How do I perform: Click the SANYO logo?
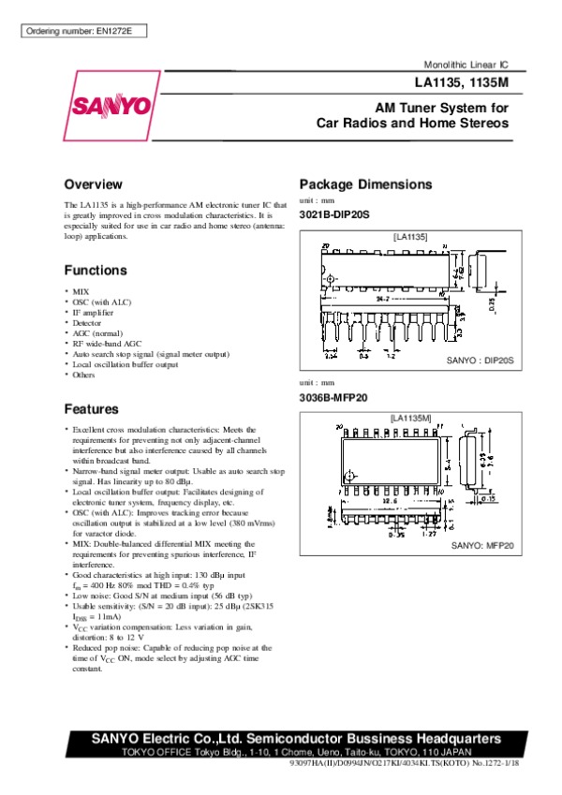click(x=109, y=104)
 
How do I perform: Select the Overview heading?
click(x=94, y=184)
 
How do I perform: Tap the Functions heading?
click(x=96, y=271)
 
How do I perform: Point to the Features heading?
click(x=92, y=409)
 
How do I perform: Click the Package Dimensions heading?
click(x=365, y=184)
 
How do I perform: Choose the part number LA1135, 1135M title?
click(x=463, y=81)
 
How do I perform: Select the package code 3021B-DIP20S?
click(x=335, y=214)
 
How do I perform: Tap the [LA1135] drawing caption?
click(x=409, y=238)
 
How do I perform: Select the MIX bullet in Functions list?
click(x=81, y=292)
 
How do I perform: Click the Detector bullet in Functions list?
click(x=87, y=323)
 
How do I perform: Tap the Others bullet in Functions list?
click(x=84, y=375)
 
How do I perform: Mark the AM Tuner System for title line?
click(x=441, y=108)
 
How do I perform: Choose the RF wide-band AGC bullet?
click(x=107, y=344)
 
